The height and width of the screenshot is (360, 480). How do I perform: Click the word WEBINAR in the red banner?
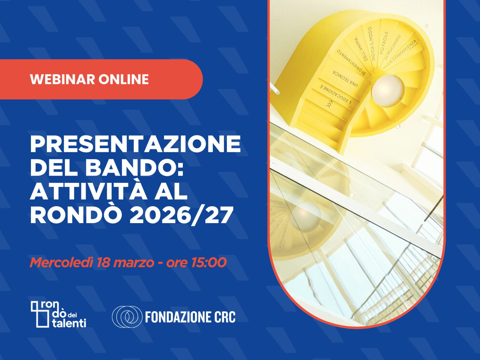tap(62, 79)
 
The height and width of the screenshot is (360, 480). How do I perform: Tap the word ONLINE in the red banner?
tap(124, 79)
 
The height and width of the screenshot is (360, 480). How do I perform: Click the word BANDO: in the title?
tap(134, 168)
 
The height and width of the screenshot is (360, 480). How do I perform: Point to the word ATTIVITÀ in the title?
tap(88, 192)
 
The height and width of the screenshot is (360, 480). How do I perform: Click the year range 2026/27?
tap(182, 215)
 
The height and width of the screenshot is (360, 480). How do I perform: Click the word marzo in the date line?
tap(134, 262)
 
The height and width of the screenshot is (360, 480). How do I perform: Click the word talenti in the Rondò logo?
tap(69, 323)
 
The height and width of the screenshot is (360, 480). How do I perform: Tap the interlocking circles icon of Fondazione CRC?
tap(127, 317)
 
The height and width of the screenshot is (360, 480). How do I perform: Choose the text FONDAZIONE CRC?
tap(190, 317)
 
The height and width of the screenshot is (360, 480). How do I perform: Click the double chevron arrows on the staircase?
tap(329, 104)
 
